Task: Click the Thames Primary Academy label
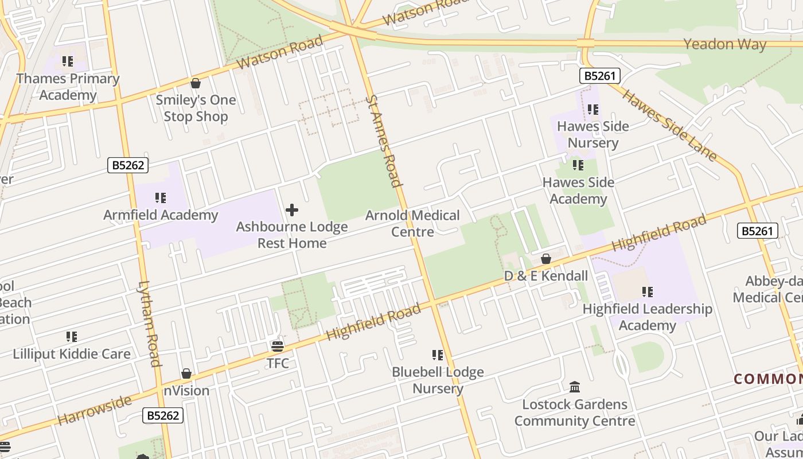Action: pyautogui.click(x=68, y=87)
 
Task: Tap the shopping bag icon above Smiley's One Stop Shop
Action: pyautogui.click(x=196, y=84)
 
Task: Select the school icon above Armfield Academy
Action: pyautogui.click(x=161, y=199)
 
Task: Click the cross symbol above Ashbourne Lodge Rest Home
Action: pyautogui.click(x=291, y=210)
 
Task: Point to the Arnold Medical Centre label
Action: pyautogui.click(x=412, y=224)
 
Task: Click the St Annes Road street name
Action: pyautogui.click(x=383, y=142)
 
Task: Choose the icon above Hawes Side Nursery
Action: pyautogui.click(x=592, y=110)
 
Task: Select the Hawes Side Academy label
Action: pyautogui.click(x=578, y=190)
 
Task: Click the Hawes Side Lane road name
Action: pyautogui.click(x=669, y=125)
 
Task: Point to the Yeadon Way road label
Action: pyautogui.click(x=725, y=44)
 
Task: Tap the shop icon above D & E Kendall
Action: pyautogui.click(x=546, y=259)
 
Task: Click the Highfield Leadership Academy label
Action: pyautogui.click(x=648, y=317)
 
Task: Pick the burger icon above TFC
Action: pyautogui.click(x=278, y=347)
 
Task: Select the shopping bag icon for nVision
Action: pyautogui.click(x=186, y=374)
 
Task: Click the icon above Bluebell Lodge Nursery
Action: pyautogui.click(x=438, y=355)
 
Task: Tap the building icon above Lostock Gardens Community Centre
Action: pyautogui.click(x=575, y=387)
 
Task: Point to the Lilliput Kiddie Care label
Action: pyautogui.click(x=72, y=353)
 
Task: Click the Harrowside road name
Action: pyautogui.click(x=95, y=410)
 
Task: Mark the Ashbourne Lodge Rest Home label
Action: pyautogui.click(x=292, y=235)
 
